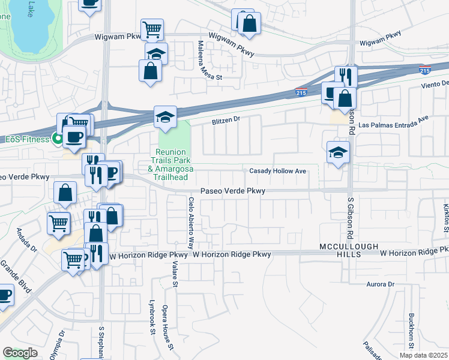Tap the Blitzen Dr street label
click(225, 119)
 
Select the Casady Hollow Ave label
click(279, 171)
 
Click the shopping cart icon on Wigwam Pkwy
click(152, 28)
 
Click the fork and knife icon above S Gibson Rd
click(346, 76)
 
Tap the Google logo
click(20, 353)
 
